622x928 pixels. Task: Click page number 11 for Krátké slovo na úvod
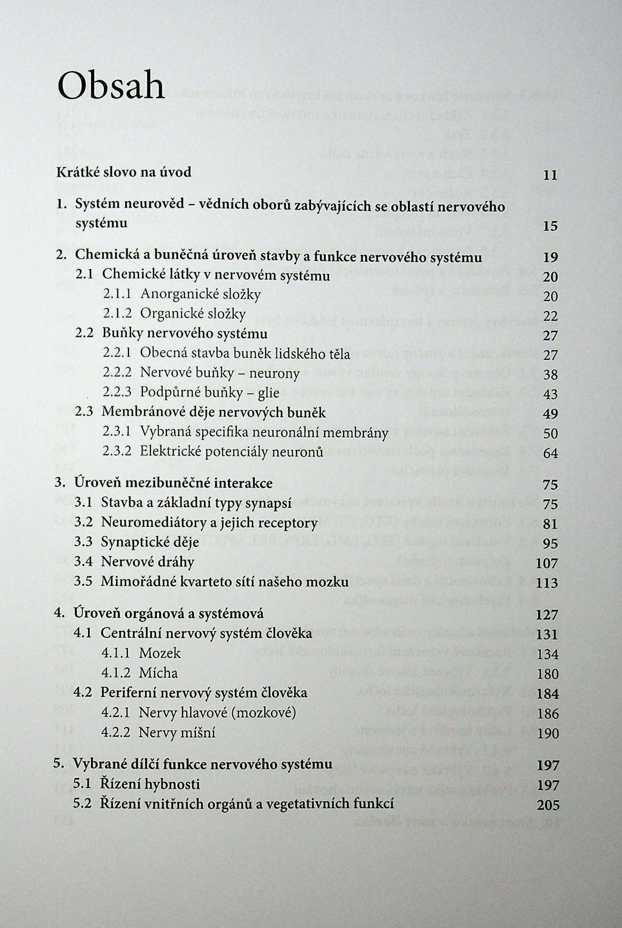coord(550,175)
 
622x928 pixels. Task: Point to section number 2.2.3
coord(117,393)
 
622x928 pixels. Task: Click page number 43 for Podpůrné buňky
coord(550,394)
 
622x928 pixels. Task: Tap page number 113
coord(547,583)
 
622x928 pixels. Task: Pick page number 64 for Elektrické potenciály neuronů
coord(550,453)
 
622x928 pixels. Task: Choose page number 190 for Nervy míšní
coord(547,733)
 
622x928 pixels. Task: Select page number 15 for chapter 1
coord(550,226)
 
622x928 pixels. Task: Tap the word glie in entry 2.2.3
coord(268,393)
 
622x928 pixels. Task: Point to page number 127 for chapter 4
coord(547,615)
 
